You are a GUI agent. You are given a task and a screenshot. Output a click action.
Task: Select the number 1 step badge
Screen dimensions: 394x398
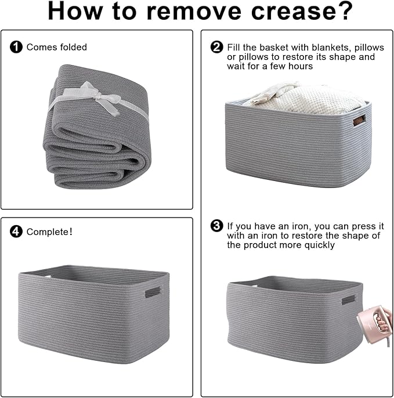(16, 47)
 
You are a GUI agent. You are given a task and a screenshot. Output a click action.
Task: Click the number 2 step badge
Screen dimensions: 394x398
(217, 47)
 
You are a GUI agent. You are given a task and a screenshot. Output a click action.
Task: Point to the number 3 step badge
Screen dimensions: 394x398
(217, 226)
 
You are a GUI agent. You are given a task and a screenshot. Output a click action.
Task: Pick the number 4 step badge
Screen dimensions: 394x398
(16, 231)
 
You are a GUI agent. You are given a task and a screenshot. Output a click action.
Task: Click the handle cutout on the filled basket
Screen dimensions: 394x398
(360, 120)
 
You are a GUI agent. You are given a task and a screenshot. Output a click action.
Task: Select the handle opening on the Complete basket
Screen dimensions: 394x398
(153, 292)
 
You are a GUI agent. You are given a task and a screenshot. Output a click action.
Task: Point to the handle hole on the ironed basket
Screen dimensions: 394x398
(348, 300)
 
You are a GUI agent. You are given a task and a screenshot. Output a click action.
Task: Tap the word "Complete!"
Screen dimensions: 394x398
(49, 231)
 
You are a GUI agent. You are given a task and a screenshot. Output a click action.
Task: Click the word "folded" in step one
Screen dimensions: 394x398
(73, 47)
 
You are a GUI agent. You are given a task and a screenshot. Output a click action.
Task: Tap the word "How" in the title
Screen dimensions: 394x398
(75, 12)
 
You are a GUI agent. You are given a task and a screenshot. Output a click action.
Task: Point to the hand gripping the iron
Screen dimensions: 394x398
(384, 320)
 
